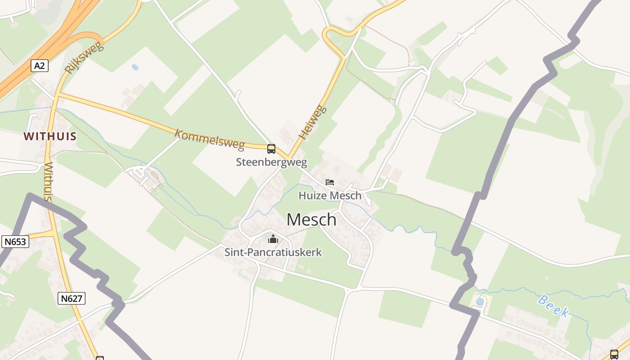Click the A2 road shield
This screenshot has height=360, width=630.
click(40, 66)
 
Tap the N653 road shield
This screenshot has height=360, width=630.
click(15, 242)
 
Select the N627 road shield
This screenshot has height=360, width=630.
click(72, 298)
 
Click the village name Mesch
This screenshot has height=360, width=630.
click(311, 220)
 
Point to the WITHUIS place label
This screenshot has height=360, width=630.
click(50, 136)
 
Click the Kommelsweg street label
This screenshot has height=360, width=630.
click(209, 139)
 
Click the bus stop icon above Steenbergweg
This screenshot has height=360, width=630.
click(271, 148)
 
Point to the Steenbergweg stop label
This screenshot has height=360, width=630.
click(271, 162)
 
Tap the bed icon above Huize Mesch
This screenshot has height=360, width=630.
click(330, 182)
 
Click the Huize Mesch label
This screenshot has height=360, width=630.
click(330, 195)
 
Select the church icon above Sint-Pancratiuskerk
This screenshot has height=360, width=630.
click(273, 238)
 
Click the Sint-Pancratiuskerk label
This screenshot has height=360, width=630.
click(273, 252)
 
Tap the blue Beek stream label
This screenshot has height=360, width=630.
click(553, 306)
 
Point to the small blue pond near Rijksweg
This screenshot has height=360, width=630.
click(135, 67)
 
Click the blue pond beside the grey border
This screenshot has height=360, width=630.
click(480, 301)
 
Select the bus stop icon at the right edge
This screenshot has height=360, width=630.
click(614, 354)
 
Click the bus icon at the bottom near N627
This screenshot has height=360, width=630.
click(100, 358)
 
